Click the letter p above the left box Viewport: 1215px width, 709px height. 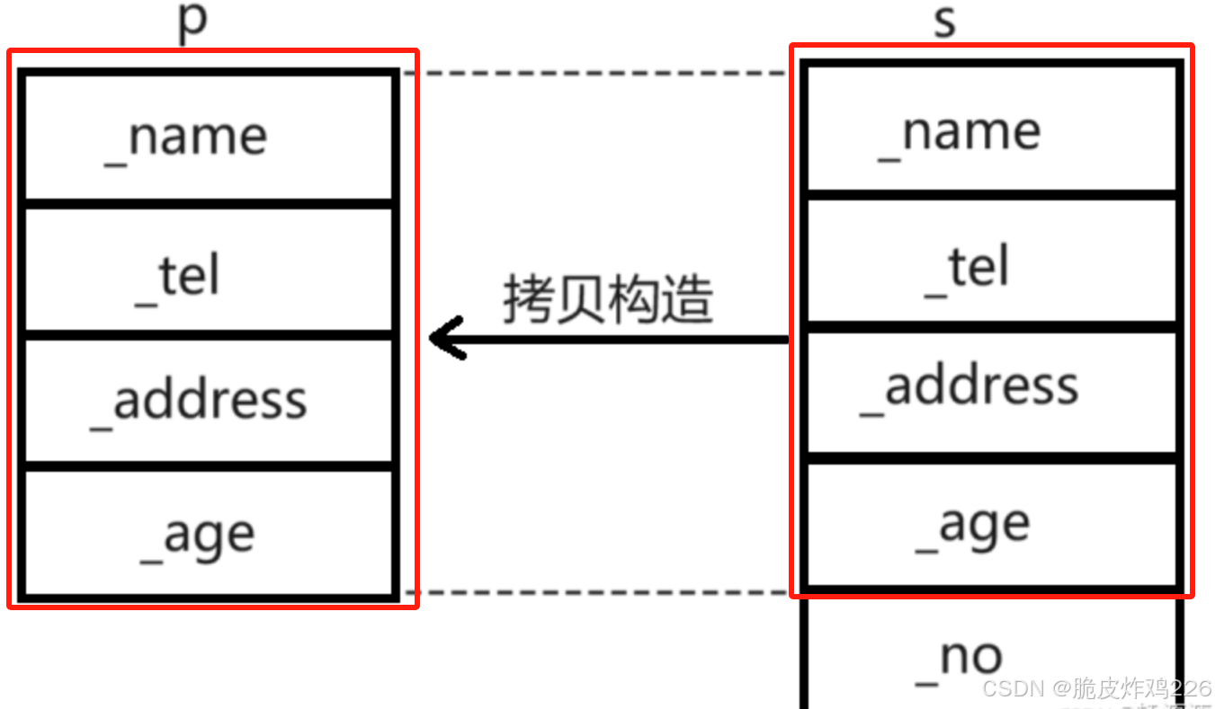(192, 22)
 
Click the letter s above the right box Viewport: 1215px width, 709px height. (944, 22)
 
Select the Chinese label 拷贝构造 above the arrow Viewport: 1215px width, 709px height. (608, 298)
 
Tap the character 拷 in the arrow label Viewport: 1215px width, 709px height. (528, 298)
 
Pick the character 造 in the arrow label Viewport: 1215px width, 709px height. (688, 298)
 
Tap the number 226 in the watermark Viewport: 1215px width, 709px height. (1192, 689)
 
